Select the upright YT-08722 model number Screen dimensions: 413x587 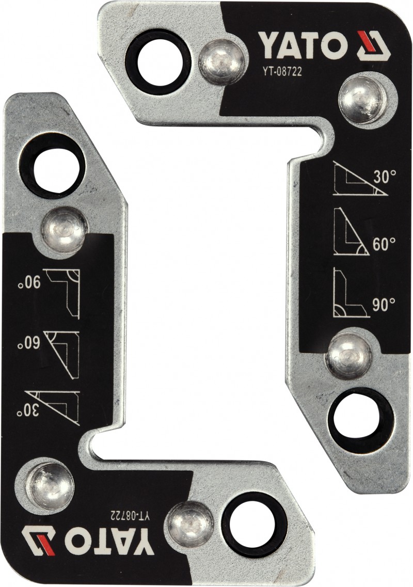[281, 71]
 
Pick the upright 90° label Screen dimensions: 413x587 [384, 305]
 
